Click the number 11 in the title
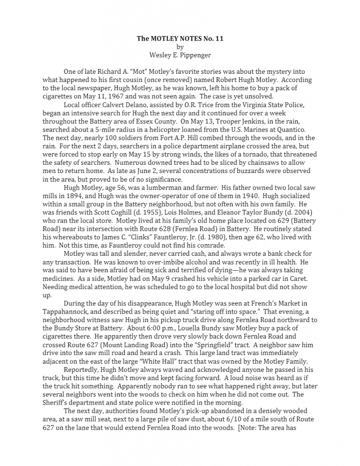(x=219, y=39)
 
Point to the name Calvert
(x=112, y=104)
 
